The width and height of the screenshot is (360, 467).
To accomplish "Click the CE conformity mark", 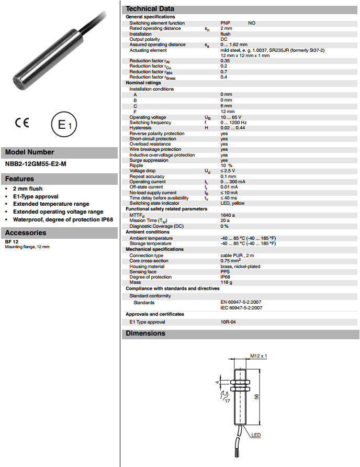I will pos(22,124).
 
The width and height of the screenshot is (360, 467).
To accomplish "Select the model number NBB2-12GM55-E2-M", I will pos(36,164).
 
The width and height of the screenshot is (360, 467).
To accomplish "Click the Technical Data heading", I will pos(151,9).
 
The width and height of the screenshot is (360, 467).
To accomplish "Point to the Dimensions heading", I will pos(145,333).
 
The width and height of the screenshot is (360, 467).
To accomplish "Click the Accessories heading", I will pos(25,232).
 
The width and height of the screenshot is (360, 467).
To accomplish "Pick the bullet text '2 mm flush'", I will pos(28,188).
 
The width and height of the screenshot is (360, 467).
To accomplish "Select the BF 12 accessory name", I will pos(12,242).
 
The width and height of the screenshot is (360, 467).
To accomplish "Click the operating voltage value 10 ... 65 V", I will pos(231,117).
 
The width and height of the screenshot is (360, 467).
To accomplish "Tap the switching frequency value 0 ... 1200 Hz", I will pos(233,123).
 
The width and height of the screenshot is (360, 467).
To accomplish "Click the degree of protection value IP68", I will pos(226,277).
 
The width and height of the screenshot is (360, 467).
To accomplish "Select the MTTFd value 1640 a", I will pos(228,215).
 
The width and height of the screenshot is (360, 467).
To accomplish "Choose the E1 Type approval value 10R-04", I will pos(228,322).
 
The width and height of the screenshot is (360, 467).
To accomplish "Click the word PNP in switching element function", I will pos(226,23).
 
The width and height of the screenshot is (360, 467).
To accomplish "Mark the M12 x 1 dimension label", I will pos(258,356).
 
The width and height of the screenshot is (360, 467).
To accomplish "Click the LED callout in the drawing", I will pos(256,435).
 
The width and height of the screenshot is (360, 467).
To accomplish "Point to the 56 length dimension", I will pos(263,396).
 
